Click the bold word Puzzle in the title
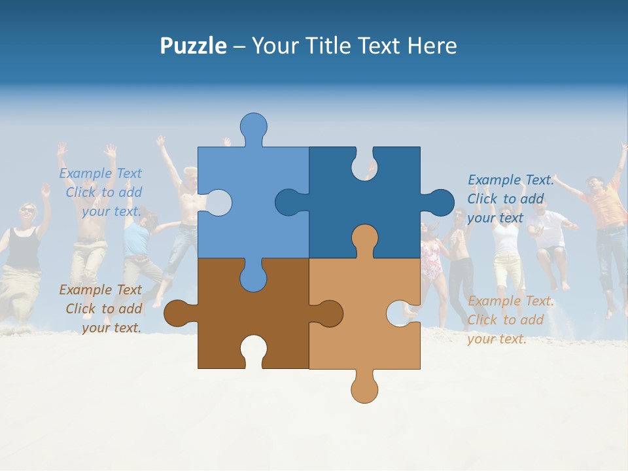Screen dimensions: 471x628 (x=193, y=46)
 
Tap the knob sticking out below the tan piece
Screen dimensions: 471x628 (x=364, y=388)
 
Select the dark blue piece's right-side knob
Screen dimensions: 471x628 (x=440, y=202)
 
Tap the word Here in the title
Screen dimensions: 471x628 (x=432, y=46)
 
